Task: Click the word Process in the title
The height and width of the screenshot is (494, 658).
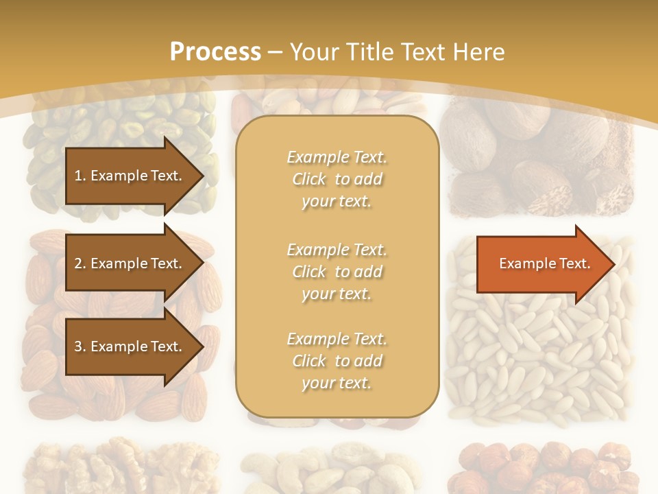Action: point(215,52)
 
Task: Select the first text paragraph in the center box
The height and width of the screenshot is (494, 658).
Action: point(337,179)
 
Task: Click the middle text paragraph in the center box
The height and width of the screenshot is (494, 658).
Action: point(337,272)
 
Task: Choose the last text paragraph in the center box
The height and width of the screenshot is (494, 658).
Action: point(337,361)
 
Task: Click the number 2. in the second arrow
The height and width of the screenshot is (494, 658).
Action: point(80,263)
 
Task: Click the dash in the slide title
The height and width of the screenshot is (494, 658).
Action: point(276,53)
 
